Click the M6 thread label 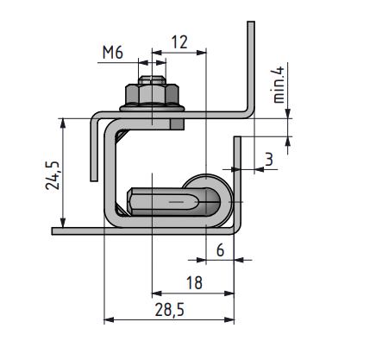click(112, 53)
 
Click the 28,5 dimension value click(168, 308)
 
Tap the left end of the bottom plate click(56, 231)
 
